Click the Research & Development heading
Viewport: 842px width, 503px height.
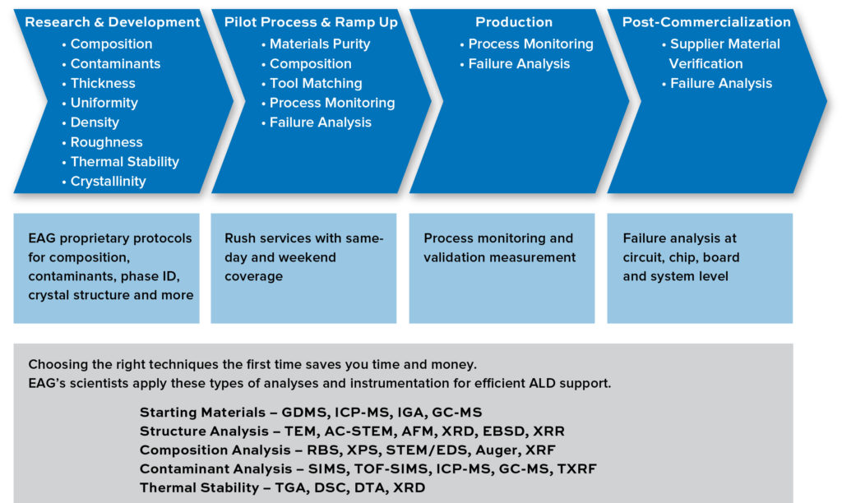(x=113, y=22)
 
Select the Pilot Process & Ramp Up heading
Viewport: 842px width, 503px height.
(x=311, y=22)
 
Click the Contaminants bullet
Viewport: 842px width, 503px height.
(x=115, y=63)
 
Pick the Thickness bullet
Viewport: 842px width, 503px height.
(x=103, y=83)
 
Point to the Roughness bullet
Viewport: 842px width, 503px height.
(x=106, y=142)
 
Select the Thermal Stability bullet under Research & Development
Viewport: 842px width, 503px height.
(x=124, y=162)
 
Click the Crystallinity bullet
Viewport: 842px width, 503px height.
(x=108, y=182)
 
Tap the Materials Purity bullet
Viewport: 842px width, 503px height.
(x=320, y=44)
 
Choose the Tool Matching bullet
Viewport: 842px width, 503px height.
(x=316, y=83)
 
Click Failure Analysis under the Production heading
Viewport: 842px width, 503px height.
(x=519, y=63)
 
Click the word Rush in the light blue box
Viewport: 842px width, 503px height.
(x=241, y=238)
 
